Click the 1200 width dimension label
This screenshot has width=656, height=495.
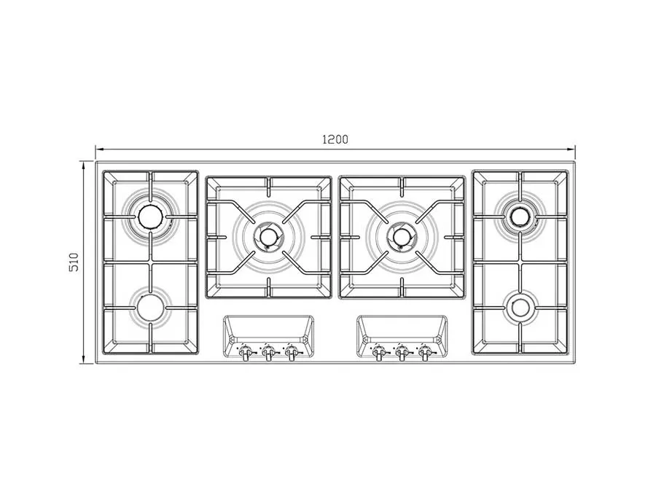(335, 139)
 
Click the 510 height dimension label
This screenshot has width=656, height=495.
(74, 262)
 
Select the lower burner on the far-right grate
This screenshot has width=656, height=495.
(520, 308)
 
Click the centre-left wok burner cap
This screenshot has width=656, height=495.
(268, 237)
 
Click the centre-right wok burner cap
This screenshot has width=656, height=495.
(402, 237)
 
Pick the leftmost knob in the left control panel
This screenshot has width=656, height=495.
(245, 354)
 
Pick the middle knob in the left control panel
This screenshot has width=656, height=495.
(268, 354)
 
